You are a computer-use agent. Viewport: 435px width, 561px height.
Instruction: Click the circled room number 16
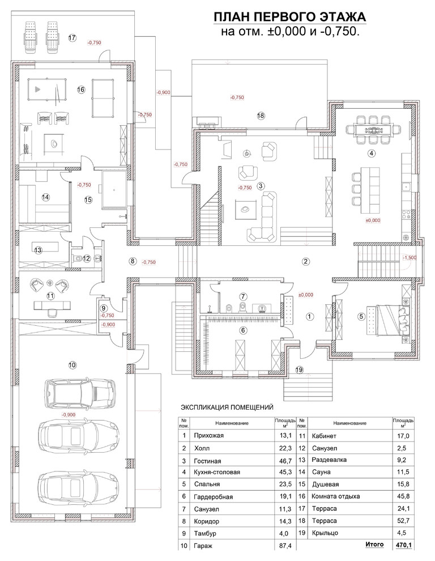81,90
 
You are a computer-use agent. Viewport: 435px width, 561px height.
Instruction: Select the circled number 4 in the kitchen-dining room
372,153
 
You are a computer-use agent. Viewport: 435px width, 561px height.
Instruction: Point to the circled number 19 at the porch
300,369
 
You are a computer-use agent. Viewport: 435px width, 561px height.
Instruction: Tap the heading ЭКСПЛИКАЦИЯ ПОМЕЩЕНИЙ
227,407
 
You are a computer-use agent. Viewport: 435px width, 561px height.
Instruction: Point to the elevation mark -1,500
410,258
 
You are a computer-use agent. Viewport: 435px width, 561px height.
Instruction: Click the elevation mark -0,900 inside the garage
69,415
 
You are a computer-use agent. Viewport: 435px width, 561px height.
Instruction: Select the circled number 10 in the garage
72,365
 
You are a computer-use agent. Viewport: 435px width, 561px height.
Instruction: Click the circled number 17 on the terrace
72,37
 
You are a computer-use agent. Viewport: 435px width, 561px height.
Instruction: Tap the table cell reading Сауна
321,472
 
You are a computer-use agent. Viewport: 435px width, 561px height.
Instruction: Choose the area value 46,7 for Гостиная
285,461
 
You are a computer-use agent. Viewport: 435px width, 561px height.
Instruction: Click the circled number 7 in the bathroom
243,296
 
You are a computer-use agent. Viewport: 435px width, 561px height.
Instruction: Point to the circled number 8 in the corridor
133,261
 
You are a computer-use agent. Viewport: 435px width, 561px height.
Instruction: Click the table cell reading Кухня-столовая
217,472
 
